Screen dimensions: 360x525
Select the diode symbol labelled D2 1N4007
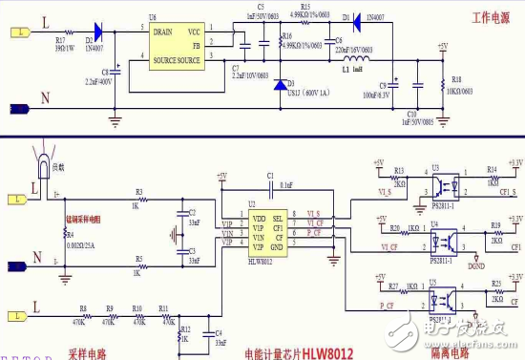point(95,32)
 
